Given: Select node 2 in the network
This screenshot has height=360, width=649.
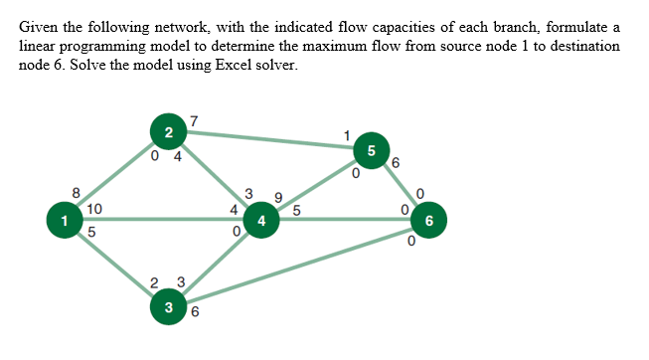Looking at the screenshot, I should pos(168,132).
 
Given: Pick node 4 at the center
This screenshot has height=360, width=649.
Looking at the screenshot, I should pos(260,220).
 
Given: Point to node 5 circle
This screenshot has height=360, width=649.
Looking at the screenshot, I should pos(371,151).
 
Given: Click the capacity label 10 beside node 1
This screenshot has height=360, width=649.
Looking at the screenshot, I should pos(92,209).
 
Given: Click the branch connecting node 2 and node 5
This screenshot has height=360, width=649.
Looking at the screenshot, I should pos(268,141).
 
